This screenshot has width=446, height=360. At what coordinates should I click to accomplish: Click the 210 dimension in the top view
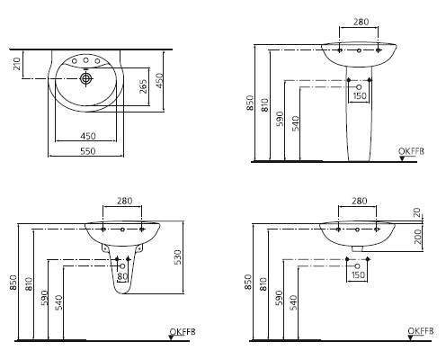coord(17,64)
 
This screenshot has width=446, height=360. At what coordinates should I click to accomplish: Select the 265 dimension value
coord(144,86)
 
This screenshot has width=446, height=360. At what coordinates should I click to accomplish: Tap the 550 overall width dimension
coord(88,151)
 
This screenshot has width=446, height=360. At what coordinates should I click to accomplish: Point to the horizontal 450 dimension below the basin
coord(88,136)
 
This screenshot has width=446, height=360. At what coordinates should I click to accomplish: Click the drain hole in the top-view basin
coord(86,78)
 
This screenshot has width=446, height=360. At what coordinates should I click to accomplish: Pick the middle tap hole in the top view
coord(85,60)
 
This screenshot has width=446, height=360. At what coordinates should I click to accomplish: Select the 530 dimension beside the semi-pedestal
coord(177,256)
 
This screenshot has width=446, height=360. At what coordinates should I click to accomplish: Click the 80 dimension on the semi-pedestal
coord(122,276)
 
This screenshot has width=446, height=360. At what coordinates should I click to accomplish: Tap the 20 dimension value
coord(417,212)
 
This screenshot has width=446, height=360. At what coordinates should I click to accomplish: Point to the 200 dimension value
coord(417,236)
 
